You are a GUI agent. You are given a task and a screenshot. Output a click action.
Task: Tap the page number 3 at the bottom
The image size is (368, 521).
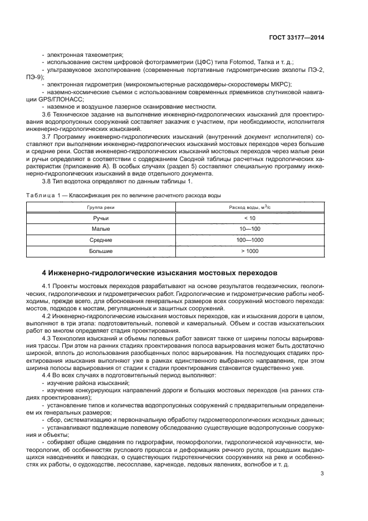pyautogui.click(x=322, y=474)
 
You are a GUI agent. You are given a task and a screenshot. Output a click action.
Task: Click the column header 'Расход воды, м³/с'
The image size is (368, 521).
pyautogui.click(x=248, y=207)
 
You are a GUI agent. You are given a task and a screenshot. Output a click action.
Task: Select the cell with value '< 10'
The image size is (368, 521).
pyautogui.click(x=248, y=218)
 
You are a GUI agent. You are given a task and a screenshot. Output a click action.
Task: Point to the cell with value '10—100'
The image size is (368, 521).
pyautogui.click(x=248, y=229)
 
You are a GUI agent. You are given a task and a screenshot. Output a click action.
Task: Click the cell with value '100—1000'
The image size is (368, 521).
pyautogui.click(x=248, y=240)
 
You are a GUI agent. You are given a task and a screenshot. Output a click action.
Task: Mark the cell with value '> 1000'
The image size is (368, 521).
pyautogui.click(x=248, y=251)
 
